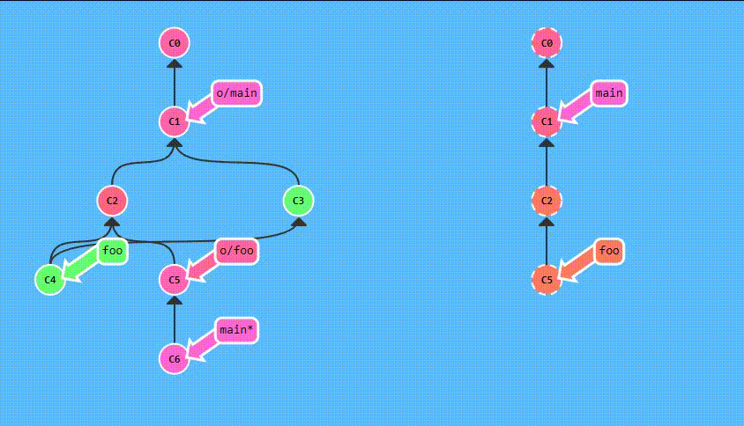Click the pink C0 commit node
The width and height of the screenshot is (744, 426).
pyautogui.click(x=175, y=42)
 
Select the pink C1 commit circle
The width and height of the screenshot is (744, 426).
pyautogui.click(x=175, y=121)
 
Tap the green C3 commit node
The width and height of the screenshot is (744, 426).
pyautogui.click(x=299, y=201)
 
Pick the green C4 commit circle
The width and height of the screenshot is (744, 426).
pyautogui.click(x=50, y=280)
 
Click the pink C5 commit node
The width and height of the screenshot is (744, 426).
pyautogui.click(x=175, y=280)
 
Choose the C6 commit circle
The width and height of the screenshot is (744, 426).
pyautogui.click(x=175, y=358)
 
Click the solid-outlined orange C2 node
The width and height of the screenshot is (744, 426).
pyautogui.click(x=112, y=201)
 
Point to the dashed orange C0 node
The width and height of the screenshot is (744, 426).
pyautogui.click(x=547, y=42)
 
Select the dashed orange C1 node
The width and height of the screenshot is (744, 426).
pyautogui.click(x=547, y=121)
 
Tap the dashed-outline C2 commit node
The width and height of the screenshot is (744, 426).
pyautogui.click(x=547, y=201)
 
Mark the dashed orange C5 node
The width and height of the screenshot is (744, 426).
pyautogui.click(x=547, y=280)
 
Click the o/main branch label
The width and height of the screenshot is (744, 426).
pyautogui.click(x=236, y=92)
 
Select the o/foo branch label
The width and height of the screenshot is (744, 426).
pyautogui.click(x=236, y=251)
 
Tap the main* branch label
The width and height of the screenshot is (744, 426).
pyautogui.click(x=236, y=331)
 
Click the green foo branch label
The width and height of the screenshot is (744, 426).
pyautogui.click(x=112, y=251)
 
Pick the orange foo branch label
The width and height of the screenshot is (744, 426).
pyautogui.click(x=609, y=251)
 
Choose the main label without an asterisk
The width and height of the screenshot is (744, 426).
pyautogui.click(x=609, y=92)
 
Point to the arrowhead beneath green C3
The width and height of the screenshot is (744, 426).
pyautogui.click(x=299, y=221)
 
